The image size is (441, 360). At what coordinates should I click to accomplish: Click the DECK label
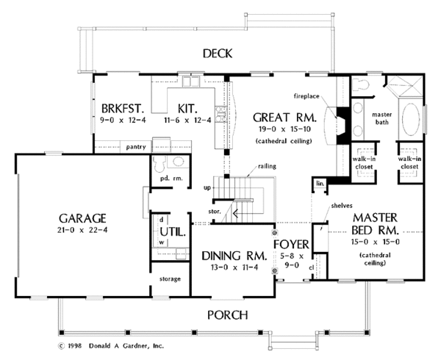218,54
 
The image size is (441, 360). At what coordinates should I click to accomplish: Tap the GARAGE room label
82,218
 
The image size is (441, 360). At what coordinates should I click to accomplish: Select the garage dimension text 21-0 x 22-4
82,230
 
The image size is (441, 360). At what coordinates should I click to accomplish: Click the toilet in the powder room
159,164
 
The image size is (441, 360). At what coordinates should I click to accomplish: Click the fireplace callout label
306,96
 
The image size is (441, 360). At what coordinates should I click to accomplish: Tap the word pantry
136,147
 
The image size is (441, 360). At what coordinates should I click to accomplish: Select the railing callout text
267,166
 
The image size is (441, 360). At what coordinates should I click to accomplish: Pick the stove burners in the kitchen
221,115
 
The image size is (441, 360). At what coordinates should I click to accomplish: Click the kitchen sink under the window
190,82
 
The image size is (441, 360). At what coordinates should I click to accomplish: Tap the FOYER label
291,244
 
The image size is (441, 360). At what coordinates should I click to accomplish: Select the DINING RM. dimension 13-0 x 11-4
234,267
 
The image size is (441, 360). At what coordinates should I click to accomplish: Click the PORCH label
228,315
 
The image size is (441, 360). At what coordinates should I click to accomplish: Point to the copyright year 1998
74,345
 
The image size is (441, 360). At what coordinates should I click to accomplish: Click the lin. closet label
320,184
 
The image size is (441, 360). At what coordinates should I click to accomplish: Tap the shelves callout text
342,206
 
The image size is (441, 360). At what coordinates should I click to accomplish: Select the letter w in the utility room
162,242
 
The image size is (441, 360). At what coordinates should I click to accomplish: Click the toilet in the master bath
360,84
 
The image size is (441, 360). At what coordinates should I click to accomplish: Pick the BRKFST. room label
123,108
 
